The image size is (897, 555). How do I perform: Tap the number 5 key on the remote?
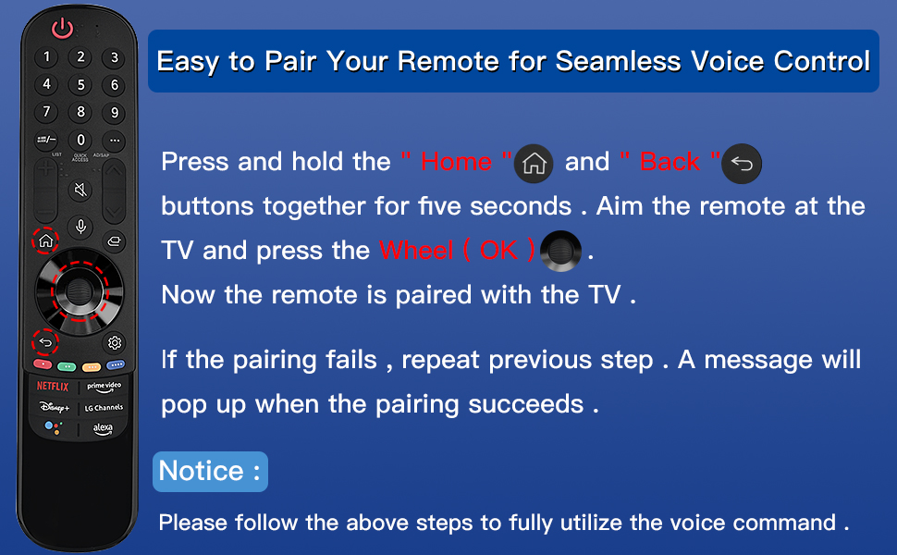(x=80, y=85)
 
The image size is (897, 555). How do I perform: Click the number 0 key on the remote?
(x=80, y=140)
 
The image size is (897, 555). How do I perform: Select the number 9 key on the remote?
(x=115, y=113)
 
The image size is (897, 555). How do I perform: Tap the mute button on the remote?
(x=80, y=190)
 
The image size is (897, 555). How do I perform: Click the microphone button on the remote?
(x=80, y=227)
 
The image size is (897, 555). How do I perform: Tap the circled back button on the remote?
(x=45, y=343)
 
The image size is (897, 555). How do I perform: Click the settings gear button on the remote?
(x=115, y=343)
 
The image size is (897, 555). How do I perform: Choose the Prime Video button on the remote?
(x=104, y=387)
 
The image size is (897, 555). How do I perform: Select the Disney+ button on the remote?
(x=55, y=407)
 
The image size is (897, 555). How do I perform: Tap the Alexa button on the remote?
(x=103, y=428)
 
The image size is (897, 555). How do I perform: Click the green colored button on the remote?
(x=67, y=366)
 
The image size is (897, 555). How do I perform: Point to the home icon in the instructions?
(x=534, y=164)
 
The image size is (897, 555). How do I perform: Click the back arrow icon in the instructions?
(x=742, y=164)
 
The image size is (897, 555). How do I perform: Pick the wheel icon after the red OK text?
(x=560, y=251)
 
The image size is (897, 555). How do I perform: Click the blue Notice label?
(x=210, y=472)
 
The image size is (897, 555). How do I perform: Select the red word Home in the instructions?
(x=456, y=162)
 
